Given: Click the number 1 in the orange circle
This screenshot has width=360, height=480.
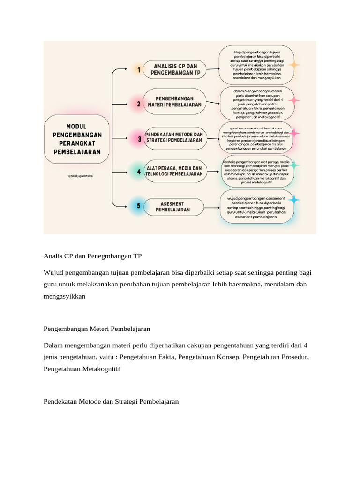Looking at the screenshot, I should [x=138, y=70].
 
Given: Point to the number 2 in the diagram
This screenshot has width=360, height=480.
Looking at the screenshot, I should [x=138, y=104].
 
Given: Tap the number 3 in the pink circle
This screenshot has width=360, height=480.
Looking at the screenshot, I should [x=139, y=139].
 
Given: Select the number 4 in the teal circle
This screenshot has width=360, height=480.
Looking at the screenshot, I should [x=139, y=172].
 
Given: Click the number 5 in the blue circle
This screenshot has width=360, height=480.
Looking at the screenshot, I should [x=138, y=206].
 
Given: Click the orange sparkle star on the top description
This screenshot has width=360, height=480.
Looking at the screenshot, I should [x=294, y=65].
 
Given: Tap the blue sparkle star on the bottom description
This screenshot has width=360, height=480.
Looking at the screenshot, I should [x=294, y=200].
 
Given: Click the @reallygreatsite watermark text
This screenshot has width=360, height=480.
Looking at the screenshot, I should [x=80, y=176].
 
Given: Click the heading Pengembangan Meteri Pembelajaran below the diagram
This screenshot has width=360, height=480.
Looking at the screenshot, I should [x=97, y=329].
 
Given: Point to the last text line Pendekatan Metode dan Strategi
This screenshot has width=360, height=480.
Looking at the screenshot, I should [x=111, y=402].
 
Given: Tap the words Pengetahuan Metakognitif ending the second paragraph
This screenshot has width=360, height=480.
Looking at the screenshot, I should [x=82, y=369].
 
